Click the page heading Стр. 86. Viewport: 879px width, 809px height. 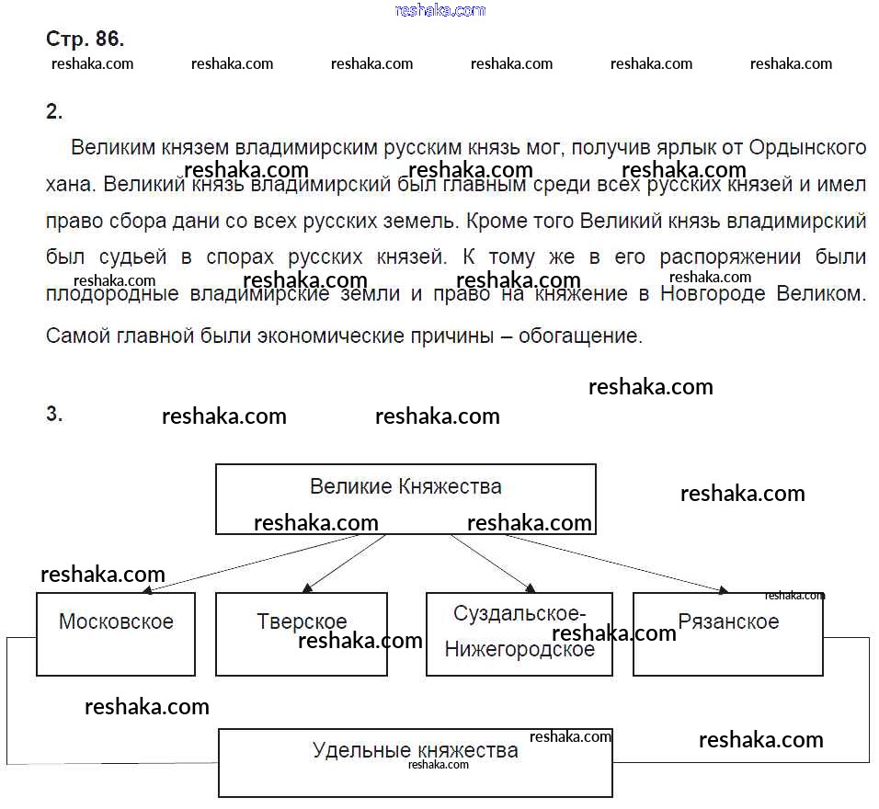[x=85, y=40]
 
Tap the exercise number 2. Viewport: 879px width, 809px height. [x=54, y=112]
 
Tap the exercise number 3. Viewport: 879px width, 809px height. [x=54, y=414]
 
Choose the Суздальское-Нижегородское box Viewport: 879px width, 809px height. [x=519, y=633]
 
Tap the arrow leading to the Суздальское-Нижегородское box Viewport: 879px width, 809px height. [x=492, y=564]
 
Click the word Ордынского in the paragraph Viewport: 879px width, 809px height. [x=808, y=147]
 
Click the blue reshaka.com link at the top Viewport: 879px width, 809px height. [x=439, y=10]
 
